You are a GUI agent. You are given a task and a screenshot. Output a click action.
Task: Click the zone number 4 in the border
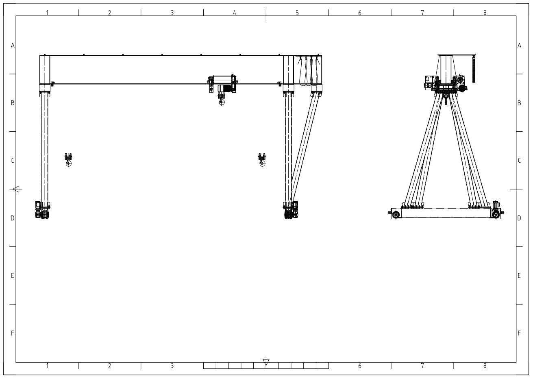(x=235, y=13)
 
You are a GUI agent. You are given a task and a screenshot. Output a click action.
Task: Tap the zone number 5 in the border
(x=297, y=13)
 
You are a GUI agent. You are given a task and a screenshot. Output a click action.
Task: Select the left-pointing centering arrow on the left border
(x=16, y=189)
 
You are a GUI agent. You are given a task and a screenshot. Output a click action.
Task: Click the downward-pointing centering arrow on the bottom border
(x=266, y=362)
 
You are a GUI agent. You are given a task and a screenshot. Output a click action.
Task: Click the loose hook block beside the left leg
(x=68, y=160)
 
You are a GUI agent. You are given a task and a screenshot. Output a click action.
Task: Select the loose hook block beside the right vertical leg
(x=262, y=160)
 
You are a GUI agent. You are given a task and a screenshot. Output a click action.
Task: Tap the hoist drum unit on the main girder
(x=223, y=84)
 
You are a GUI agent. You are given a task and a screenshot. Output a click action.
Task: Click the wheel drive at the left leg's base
(x=42, y=210)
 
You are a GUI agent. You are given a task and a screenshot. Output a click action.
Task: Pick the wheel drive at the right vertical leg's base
(x=291, y=210)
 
